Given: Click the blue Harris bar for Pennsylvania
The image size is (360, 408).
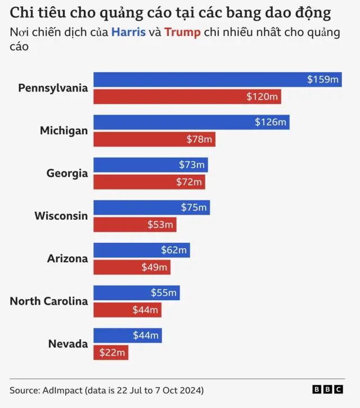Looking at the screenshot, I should point(217,80).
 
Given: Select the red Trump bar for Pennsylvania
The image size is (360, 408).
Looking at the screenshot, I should point(187,97).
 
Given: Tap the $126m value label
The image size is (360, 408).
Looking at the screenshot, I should point(271,122).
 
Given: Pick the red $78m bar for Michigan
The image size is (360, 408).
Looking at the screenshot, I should point(154,139).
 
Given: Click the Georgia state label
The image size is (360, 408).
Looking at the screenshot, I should point(67,173).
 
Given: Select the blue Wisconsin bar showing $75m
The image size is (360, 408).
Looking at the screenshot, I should point(151,207).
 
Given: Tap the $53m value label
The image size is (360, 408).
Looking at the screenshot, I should point(160,225).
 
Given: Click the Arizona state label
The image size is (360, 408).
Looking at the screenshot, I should point(67,259).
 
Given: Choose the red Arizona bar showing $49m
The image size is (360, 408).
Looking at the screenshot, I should point(132,268).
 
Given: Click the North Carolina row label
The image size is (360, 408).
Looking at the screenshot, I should point(49,301).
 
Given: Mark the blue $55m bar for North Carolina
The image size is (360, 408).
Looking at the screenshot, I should point(136,293).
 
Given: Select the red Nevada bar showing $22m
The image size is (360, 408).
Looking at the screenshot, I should point(110,353).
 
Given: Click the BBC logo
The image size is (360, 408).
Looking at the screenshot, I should point(328,389).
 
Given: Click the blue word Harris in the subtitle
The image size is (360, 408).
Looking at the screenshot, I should point(128,32).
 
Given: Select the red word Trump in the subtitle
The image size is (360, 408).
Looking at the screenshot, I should point(182,32).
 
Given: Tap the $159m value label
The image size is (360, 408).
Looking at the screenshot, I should point(323,80).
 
